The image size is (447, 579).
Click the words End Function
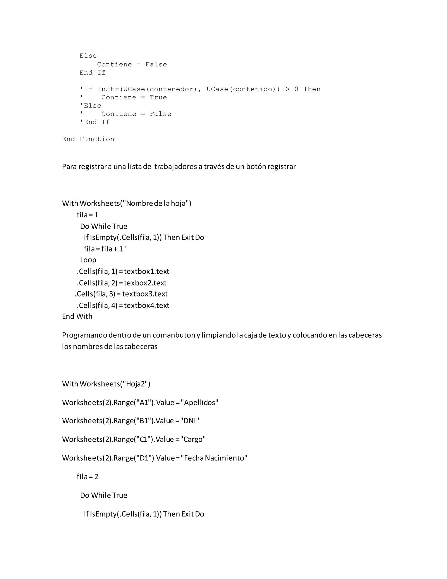[x=88, y=139]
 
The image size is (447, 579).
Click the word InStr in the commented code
[x=108, y=89]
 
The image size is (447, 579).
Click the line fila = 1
[x=87, y=215]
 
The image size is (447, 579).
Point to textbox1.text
[x=146, y=271]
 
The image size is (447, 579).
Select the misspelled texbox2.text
[x=145, y=283]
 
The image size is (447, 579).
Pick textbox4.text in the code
[x=146, y=305]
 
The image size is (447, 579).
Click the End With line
[x=77, y=317]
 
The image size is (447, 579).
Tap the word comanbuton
[x=174, y=335]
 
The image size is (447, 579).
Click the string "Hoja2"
[x=135, y=384]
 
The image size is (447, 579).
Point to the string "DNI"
[x=190, y=421]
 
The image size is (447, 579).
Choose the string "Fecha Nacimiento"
[x=214, y=458]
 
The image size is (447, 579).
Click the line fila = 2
[x=87, y=476]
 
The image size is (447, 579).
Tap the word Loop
[x=88, y=260]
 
